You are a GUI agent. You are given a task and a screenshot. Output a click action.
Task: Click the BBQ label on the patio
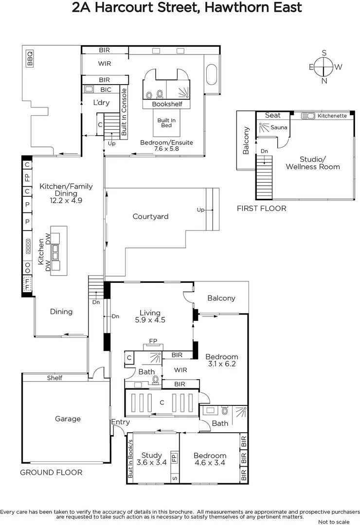[30, 58]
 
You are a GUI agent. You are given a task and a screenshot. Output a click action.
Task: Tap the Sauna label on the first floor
[279, 128]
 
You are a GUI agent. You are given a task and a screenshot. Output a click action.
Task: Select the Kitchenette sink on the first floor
[307, 116]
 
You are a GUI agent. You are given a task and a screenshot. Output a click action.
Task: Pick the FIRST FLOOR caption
[261, 209]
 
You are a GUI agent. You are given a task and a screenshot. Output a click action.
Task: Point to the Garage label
[68, 419]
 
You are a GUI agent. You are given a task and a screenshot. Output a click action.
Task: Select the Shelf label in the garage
[54, 378]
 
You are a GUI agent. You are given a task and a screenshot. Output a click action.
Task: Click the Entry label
[120, 422]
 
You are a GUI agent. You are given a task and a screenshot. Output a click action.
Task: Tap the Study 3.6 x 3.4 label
[151, 459]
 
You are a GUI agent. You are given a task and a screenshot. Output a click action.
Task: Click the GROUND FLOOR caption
[51, 472]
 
